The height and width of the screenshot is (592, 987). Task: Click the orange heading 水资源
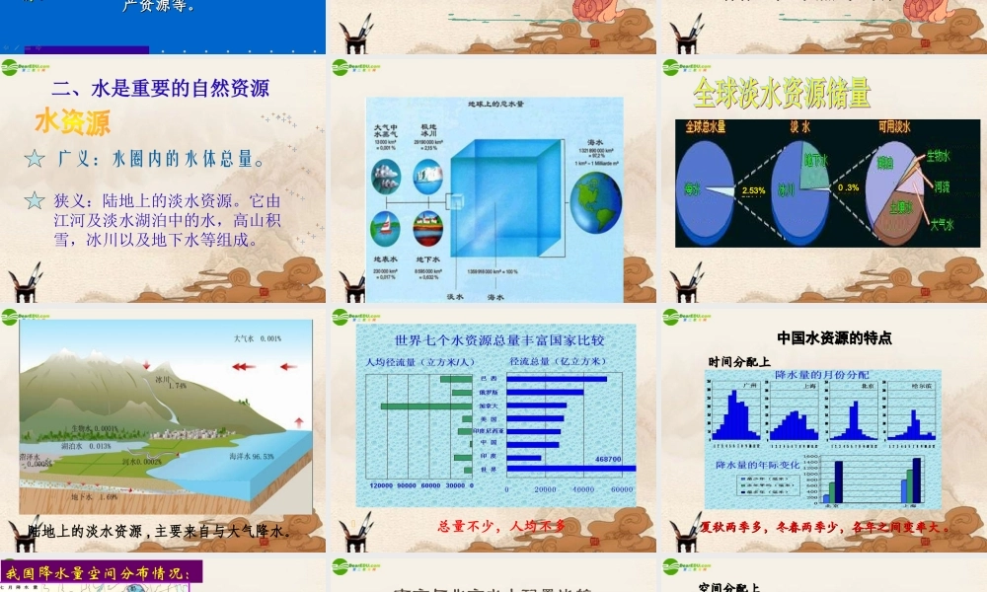click(72, 122)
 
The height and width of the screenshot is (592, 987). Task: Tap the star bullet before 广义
click(35, 158)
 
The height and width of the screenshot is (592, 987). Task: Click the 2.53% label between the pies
click(753, 190)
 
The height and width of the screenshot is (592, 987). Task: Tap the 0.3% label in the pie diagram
click(847, 187)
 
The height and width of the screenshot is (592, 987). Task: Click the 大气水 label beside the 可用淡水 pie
click(941, 224)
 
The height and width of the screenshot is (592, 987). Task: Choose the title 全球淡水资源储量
click(781, 94)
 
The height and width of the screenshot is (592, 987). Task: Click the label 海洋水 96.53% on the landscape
click(251, 457)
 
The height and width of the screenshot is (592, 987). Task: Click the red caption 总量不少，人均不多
click(500, 526)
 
